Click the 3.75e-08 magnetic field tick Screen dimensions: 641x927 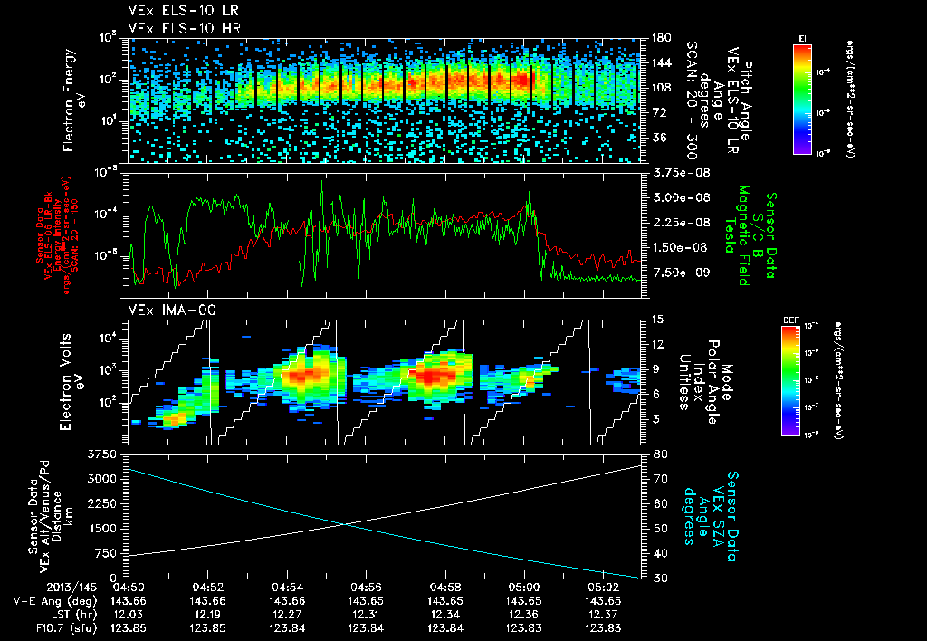coord(675,172)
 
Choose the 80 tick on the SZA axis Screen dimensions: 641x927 coord(659,454)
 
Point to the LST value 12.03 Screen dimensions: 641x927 coord(132,614)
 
